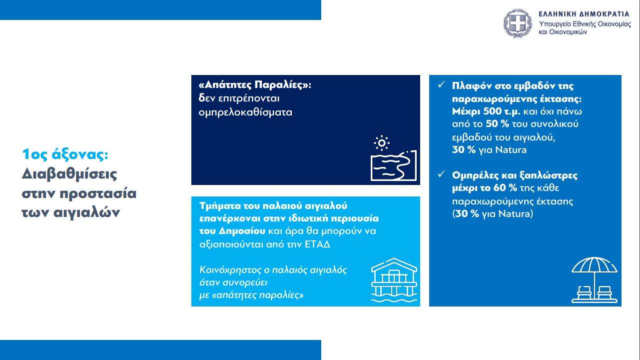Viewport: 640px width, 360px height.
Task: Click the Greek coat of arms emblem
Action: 518,23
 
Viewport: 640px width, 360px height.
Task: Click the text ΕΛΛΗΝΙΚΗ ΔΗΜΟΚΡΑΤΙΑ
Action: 584,14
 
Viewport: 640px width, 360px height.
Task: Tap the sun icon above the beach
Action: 381,142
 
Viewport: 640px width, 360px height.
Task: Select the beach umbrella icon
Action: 595,280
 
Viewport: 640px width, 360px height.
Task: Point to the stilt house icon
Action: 394,280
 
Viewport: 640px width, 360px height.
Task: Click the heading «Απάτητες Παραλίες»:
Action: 255,85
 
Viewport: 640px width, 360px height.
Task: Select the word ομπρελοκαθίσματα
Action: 245,112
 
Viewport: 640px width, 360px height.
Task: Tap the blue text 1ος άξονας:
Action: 65,154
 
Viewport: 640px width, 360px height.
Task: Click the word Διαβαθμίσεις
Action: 69,174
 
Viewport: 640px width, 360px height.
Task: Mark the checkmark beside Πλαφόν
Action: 442,84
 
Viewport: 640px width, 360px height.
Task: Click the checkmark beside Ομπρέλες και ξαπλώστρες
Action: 442,174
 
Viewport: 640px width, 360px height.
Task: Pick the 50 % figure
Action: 498,124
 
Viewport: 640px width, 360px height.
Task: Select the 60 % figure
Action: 505,188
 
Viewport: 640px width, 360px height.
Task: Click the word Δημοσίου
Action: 243,231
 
